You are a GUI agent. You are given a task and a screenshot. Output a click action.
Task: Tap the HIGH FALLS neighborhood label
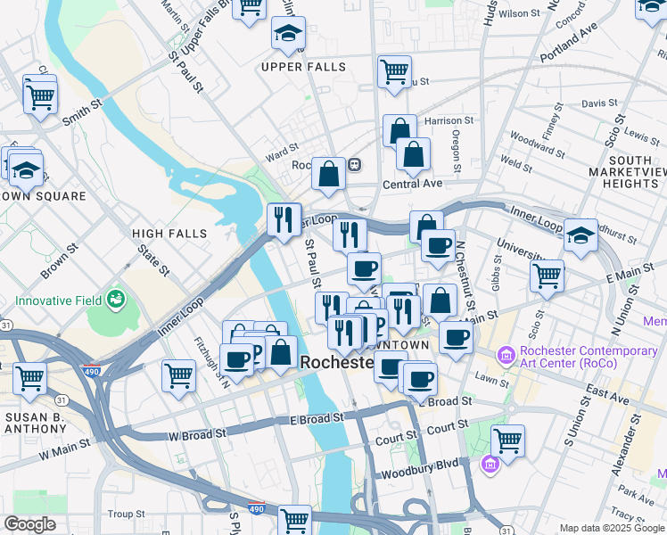pos(169,234)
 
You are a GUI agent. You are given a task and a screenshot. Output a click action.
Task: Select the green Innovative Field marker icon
pos(114,298)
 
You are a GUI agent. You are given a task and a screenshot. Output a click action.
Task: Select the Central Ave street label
pos(412,184)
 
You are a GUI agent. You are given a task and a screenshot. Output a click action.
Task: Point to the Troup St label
pos(126,514)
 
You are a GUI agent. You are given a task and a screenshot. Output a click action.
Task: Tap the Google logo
pos(29,524)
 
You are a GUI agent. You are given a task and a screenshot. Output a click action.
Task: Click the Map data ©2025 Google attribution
pos(612,528)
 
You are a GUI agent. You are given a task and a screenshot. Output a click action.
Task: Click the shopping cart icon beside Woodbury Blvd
pos(507,440)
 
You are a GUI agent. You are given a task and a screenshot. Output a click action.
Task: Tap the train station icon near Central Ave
pos(354,165)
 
